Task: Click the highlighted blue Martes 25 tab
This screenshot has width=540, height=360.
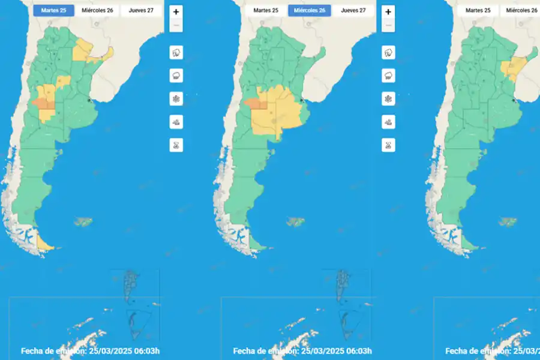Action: (x=53, y=10)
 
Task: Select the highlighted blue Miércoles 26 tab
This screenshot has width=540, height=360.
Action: (x=309, y=10)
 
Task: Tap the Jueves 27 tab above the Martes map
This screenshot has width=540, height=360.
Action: (x=141, y=10)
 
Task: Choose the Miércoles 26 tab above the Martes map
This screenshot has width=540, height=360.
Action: (x=97, y=10)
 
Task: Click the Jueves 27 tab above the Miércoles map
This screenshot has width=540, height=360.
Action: (x=353, y=10)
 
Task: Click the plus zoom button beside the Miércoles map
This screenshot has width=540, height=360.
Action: (x=388, y=11)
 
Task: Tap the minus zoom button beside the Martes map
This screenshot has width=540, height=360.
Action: (x=176, y=25)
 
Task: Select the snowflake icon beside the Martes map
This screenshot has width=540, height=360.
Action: (x=176, y=98)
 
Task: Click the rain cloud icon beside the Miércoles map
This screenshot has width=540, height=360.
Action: (x=388, y=76)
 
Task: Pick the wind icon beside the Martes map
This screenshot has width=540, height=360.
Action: (x=176, y=122)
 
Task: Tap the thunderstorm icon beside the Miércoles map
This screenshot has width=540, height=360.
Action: (x=388, y=53)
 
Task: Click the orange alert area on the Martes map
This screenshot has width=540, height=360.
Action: (x=43, y=104)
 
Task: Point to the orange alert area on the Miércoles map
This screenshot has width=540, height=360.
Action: (x=256, y=104)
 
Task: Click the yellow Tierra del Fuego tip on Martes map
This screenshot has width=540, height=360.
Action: (x=45, y=243)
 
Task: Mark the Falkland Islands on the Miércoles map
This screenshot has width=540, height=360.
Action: (x=295, y=222)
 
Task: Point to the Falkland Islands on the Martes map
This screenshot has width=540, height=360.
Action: (x=83, y=223)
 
